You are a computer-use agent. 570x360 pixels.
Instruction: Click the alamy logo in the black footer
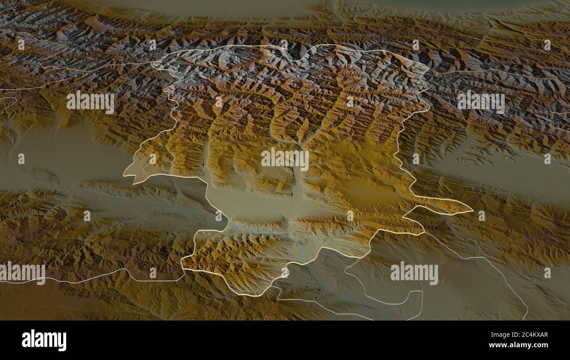pyautogui.click(x=44, y=340)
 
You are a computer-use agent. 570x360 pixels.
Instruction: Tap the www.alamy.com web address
pyautogui.click(x=517, y=345)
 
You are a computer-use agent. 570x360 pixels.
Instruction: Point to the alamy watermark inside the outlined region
pyautogui.click(x=285, y=159)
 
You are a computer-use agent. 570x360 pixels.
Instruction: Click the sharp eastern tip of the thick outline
pyautogui.click(x=473, y=211)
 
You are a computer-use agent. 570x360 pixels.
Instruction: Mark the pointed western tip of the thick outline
pyautogui.click(x=124, y=175)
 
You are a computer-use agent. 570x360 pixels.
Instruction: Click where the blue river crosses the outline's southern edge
pyautogui.click(x=305, y=261)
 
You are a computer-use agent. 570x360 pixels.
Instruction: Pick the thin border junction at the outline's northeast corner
pyautogui.click(x=428, y=70)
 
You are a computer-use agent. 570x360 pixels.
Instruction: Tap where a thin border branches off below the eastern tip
pyautogui.click(x=424, y=232)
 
